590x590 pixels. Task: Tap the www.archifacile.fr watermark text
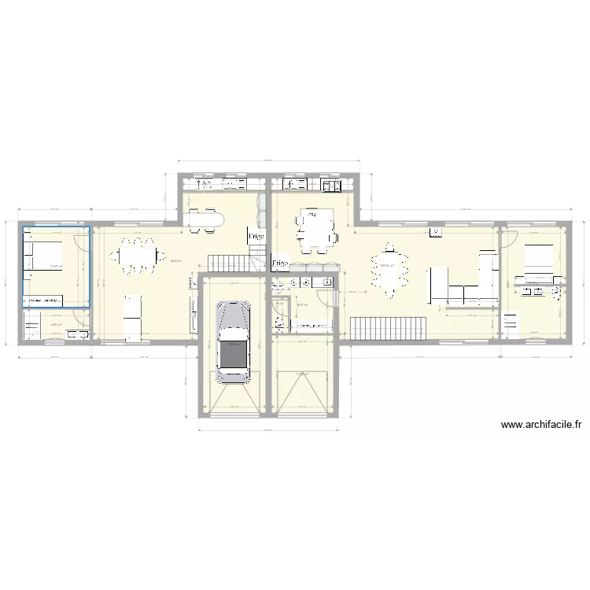[541, 426]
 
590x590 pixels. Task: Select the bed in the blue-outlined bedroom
[44, 255]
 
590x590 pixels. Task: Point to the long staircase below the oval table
[389, 327]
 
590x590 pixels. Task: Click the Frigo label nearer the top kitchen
[256, 236]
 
